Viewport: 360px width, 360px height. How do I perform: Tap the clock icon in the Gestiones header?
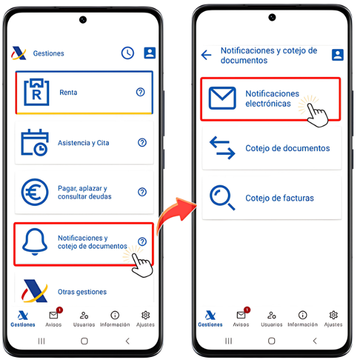click(x=127, y=53)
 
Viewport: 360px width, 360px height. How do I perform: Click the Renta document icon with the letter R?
click(x=37, y=92)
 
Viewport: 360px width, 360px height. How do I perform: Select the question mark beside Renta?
click(x=140, y=92)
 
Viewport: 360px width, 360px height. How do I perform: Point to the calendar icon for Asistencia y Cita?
click(x=35, y=143)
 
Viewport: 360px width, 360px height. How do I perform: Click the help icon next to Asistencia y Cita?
click(x=142, y=143)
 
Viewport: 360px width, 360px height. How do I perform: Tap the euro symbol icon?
click(x=35, y=192)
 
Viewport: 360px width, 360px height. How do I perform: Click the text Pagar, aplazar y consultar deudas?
click(x=85, y=193)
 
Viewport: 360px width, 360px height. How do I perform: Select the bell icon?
click(x=35, y=242)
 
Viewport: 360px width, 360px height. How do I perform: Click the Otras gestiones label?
click(x=82, y=292)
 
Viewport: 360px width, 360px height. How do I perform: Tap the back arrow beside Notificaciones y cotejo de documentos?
click(x=206, y=55)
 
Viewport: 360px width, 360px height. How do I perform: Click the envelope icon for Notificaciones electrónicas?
click(x=222, y=98)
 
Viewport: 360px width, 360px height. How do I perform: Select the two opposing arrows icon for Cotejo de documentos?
click(x=222, y=148)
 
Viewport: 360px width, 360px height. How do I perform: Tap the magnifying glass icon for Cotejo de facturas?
click(x=222, y=197)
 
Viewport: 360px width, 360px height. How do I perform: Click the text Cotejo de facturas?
click(x=280, y=198)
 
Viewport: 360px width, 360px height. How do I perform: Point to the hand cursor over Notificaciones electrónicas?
click(x=317, y=115)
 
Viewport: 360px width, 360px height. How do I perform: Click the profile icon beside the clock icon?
click(x=149, y=53)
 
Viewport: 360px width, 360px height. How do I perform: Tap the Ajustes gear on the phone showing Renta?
click(x=146, y=315)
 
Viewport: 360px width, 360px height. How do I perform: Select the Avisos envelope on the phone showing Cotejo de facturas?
click(x=241, y=315)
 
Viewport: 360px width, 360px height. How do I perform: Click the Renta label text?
click(x=68, y=92)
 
